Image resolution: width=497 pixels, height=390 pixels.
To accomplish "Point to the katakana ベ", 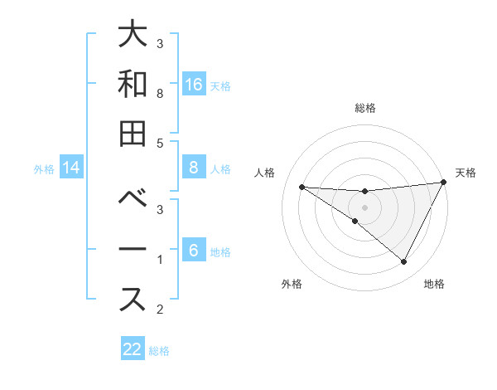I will (133, 200).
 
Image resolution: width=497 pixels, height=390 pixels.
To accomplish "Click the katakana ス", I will (133, 299).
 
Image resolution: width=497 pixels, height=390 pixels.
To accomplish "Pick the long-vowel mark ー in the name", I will (133, 250).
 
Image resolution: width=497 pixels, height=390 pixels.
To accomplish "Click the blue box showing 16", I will (194, 84).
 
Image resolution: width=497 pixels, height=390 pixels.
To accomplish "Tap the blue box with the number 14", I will (71, 168).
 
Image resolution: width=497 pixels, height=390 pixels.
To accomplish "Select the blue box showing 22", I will (133, 349).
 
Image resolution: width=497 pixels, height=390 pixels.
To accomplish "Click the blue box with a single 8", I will (194, 168).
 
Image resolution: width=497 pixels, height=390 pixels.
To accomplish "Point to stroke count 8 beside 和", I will (160, 95).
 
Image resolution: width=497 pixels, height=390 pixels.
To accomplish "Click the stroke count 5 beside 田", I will (160, 143).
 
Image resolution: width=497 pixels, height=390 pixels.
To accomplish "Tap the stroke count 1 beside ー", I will (160, 261).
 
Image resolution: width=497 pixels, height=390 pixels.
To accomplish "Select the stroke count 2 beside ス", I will (160, 310).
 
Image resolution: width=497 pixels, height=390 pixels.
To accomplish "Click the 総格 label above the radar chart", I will (364, 108).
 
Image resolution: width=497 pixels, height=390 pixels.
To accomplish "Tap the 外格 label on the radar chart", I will (292, 284).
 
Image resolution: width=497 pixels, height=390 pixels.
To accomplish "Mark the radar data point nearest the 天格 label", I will (443, 183).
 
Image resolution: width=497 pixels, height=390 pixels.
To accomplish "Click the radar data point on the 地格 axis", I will (403, 261).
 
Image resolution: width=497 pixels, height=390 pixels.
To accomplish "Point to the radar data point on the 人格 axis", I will (302, 187).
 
